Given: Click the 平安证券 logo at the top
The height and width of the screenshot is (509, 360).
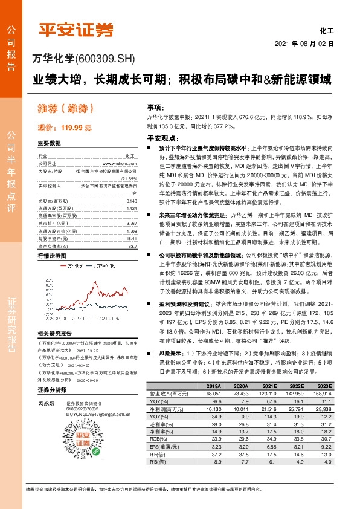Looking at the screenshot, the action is click(x=76, y=30).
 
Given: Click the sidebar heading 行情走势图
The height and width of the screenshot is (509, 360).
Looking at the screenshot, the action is click(x=50, y=239).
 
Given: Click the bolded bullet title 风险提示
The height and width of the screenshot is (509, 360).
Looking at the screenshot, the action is click(x=172, y=351).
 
